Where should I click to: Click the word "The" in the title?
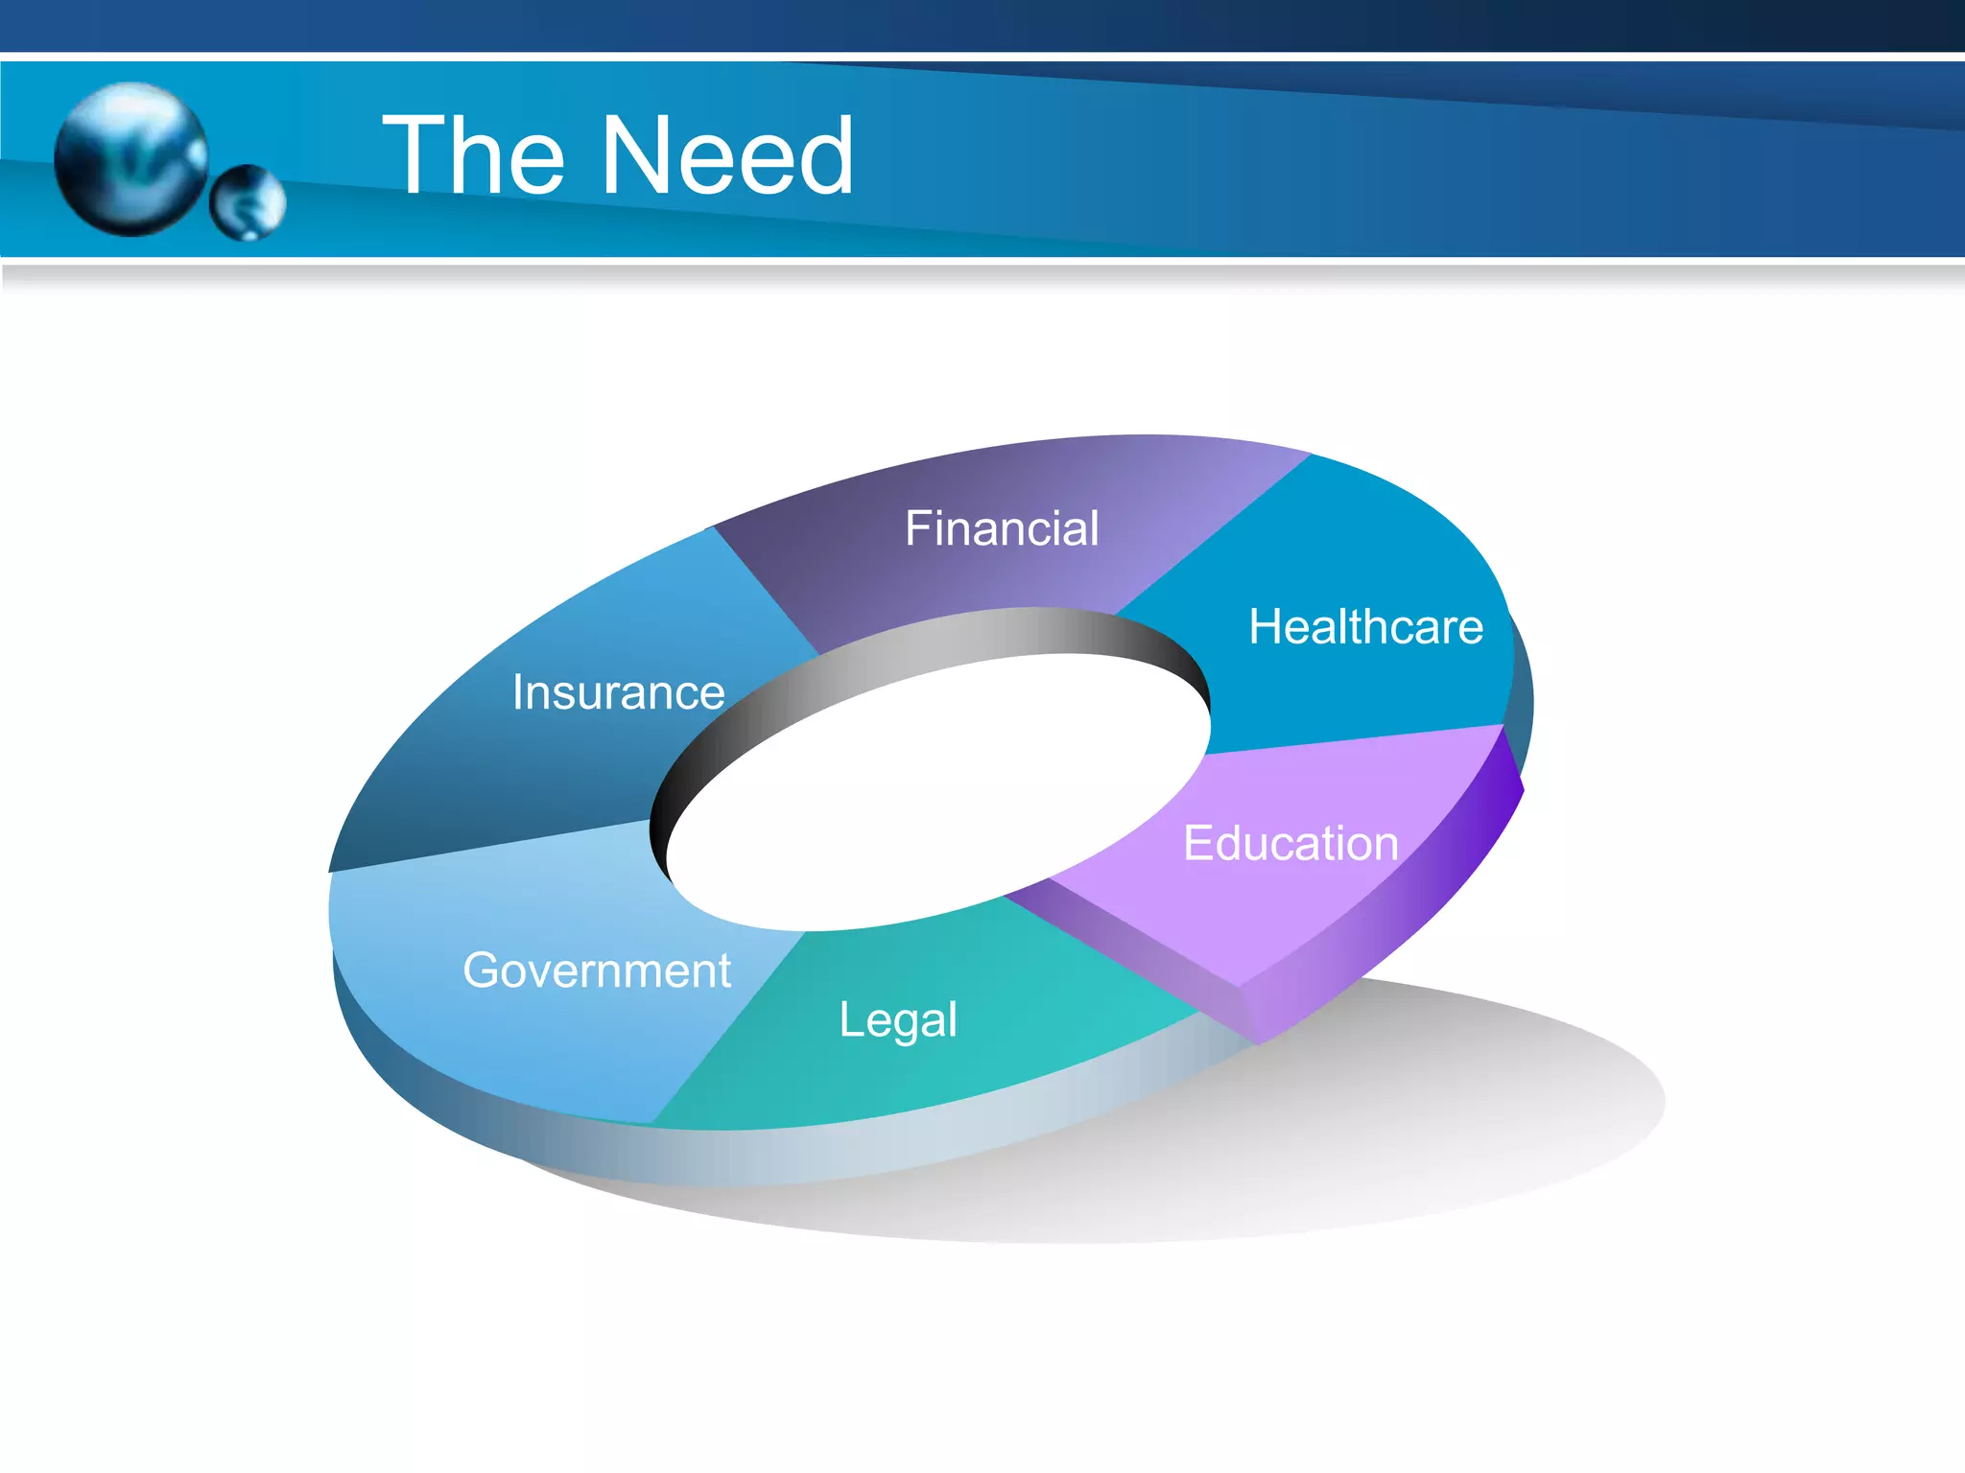pyautogui.click(x=474, y=155)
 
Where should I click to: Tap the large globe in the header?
pyautogui.click(x=130, y=158)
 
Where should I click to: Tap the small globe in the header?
pyautogui.click(x=248, y=202)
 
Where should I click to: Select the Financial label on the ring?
pyautogui.click(x=1002, y=528)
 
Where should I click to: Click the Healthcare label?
pyautogui.click(x=1365, y=627)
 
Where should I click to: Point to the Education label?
pyautogui.click(x=1290, y=844)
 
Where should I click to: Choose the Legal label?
pyautogui.click(x=898, y=1019)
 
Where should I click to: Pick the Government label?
pyautogui.click(x=597, y=970)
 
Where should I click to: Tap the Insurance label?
pyautogui.click(x=618, y=692)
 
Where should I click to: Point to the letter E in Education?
pyautogui.click(x=1199, y=844)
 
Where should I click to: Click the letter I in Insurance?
pyautogui.click(x=518, y=692)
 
